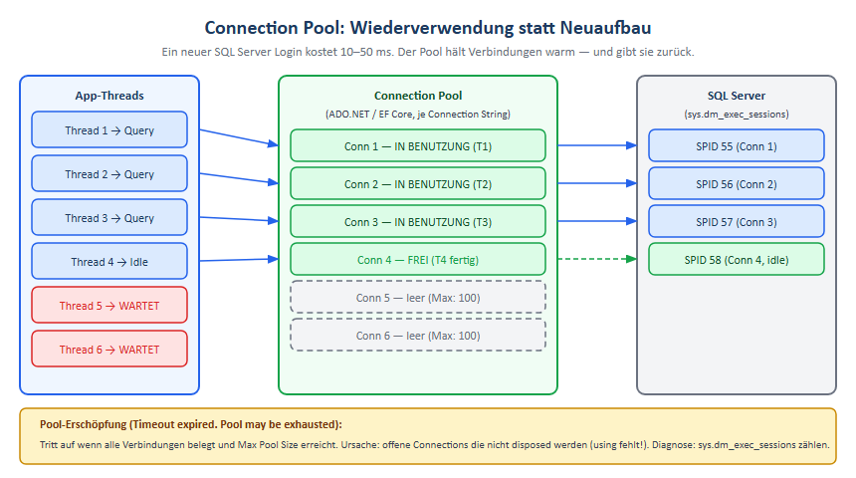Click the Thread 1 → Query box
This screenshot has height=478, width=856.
pos(109,130)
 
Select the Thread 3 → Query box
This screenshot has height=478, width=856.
pos(109,218)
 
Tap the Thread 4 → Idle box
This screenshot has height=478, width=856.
pos(109,262)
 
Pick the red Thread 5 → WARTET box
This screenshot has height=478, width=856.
pos(109,306)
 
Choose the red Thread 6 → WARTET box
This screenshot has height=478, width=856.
pos(109,350)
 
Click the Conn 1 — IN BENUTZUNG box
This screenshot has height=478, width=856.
pos(418,146)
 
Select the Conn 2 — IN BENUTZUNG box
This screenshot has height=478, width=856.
pos(418,184)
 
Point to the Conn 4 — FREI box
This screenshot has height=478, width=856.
pos(418,260)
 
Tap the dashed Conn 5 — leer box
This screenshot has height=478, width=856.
pos(418,297)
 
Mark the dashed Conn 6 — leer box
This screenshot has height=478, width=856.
pos(418,335)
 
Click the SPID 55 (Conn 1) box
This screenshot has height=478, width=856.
pos(737,146)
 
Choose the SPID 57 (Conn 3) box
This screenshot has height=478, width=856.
pos(737,222)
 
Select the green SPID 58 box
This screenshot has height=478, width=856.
pos(737,260)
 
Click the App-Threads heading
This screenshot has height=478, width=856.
pos(109,96)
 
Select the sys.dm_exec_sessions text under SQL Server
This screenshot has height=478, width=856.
pos(737,115)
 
